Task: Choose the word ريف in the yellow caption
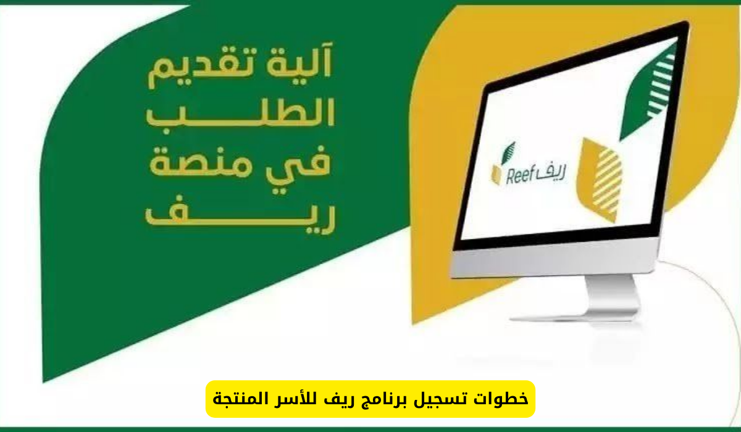pos(339,398)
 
